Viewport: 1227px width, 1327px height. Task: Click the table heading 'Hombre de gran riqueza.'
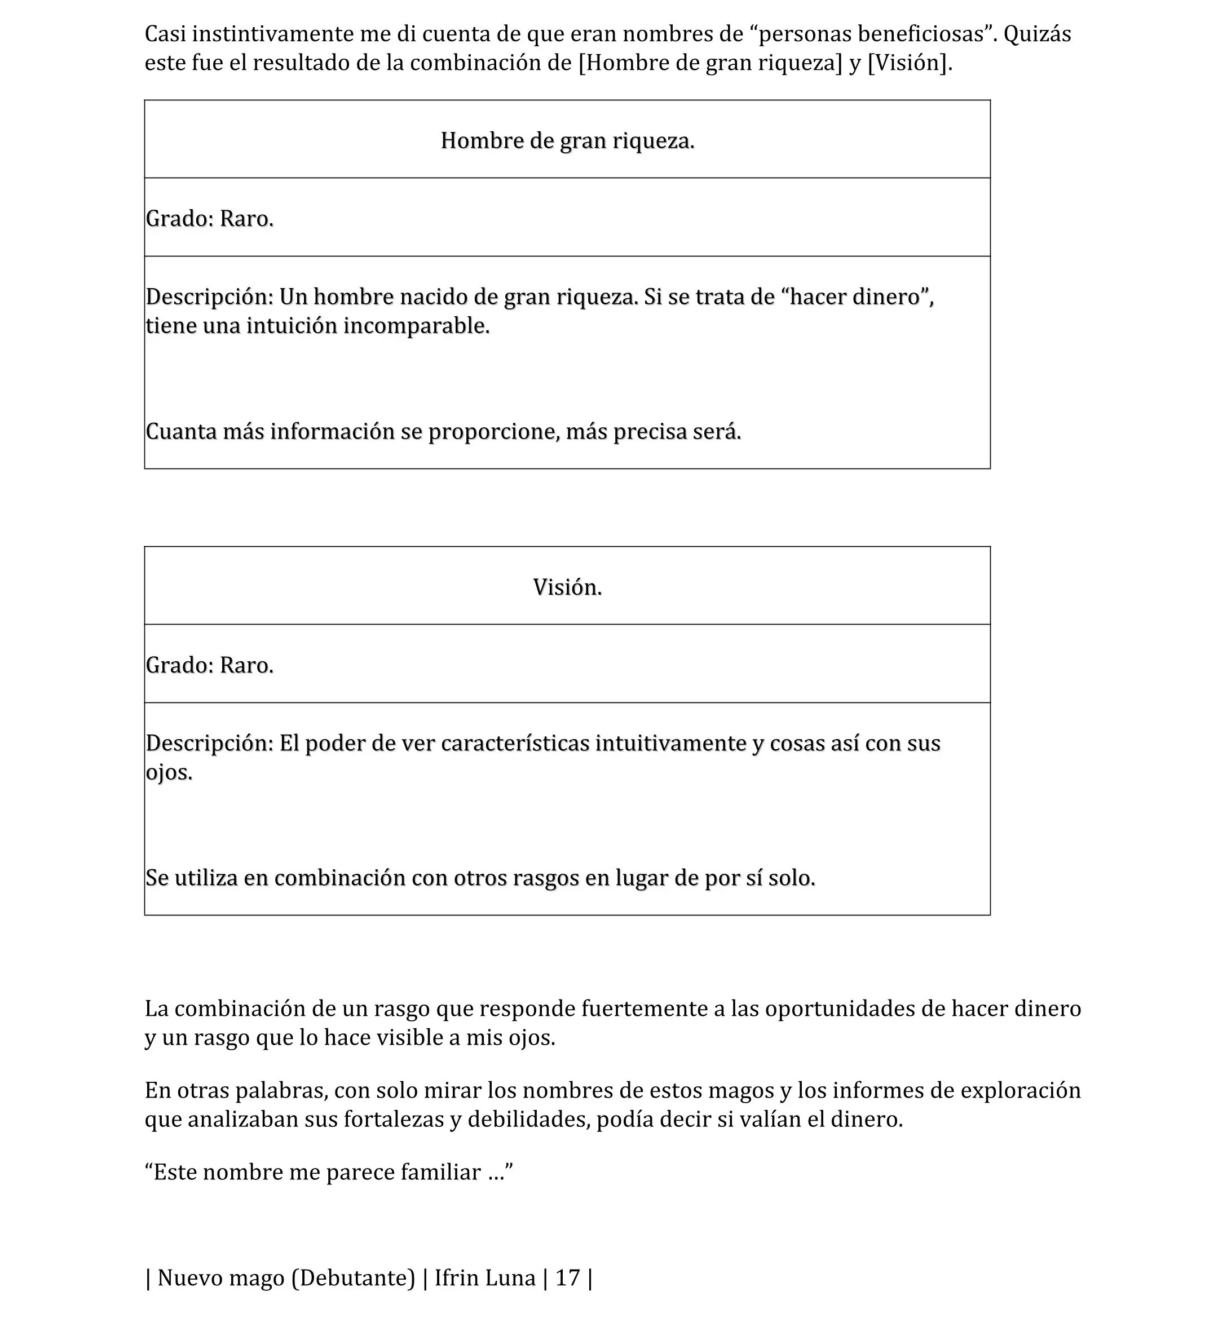tap(567, 141)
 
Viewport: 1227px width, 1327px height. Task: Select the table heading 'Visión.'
tap(567, 587)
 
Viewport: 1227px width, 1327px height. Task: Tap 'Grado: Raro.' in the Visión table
tap(209, 665)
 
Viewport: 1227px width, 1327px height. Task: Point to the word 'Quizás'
tap(1037, 34)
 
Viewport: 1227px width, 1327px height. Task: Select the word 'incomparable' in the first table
tap(416, 326)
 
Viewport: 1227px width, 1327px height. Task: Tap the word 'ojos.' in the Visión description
tap(169, 772)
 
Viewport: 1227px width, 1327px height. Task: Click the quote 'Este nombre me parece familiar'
tap(328, 1173)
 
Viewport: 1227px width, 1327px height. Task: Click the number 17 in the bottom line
tap(568, 1278)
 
